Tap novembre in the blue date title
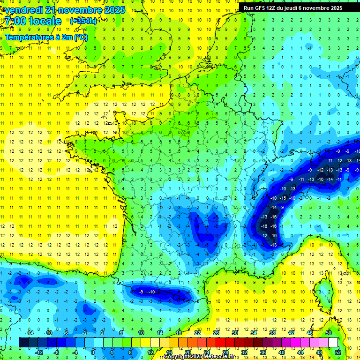(x=76, y=10)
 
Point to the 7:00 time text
(x=15, y=21)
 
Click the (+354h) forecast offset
(x=83, y=21)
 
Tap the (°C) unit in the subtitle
(x=81, y=37)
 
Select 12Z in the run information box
(x=272, y=8)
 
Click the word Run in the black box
(x=248, y=8)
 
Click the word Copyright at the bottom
(x=177, y=357)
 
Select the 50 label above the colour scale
(x=328, y=332)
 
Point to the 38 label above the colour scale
(x=272, y=332)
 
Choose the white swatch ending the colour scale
(x=333, y=342)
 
